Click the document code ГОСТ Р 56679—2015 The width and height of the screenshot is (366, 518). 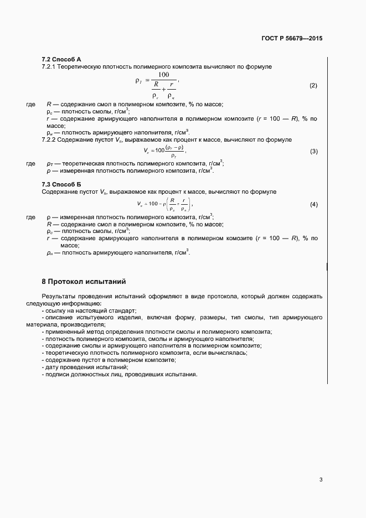pos(292,39)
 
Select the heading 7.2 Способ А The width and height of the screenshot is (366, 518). pos(61,59)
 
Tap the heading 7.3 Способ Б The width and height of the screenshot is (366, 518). pos(61,184)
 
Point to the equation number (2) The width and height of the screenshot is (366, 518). pos(313,85)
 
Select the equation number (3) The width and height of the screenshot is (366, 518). pos(313,151)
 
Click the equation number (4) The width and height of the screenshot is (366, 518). pos(313,205)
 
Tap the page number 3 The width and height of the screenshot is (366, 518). pos(321,479)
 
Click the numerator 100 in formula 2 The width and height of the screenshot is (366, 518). pos(163,75)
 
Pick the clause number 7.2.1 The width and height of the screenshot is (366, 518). pos(50,66)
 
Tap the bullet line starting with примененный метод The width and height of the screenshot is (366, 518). pos(156,332)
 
